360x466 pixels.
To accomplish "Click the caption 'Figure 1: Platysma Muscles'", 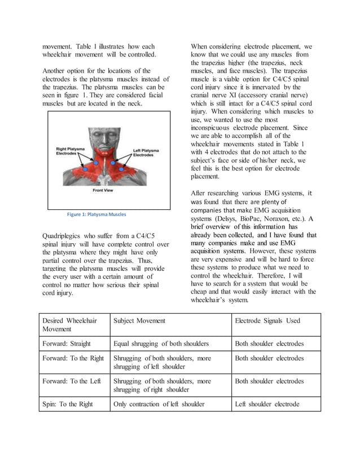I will coord(96,214).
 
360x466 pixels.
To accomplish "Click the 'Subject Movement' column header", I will coord(139,320).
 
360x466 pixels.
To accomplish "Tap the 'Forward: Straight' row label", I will coord(67,343).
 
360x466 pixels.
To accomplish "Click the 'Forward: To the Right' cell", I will coord(73,358).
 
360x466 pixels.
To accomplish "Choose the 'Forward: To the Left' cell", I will coord(72,381).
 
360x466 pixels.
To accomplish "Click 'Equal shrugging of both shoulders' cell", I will coord(161,343).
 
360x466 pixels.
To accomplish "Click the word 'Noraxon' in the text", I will coord(293,219).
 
